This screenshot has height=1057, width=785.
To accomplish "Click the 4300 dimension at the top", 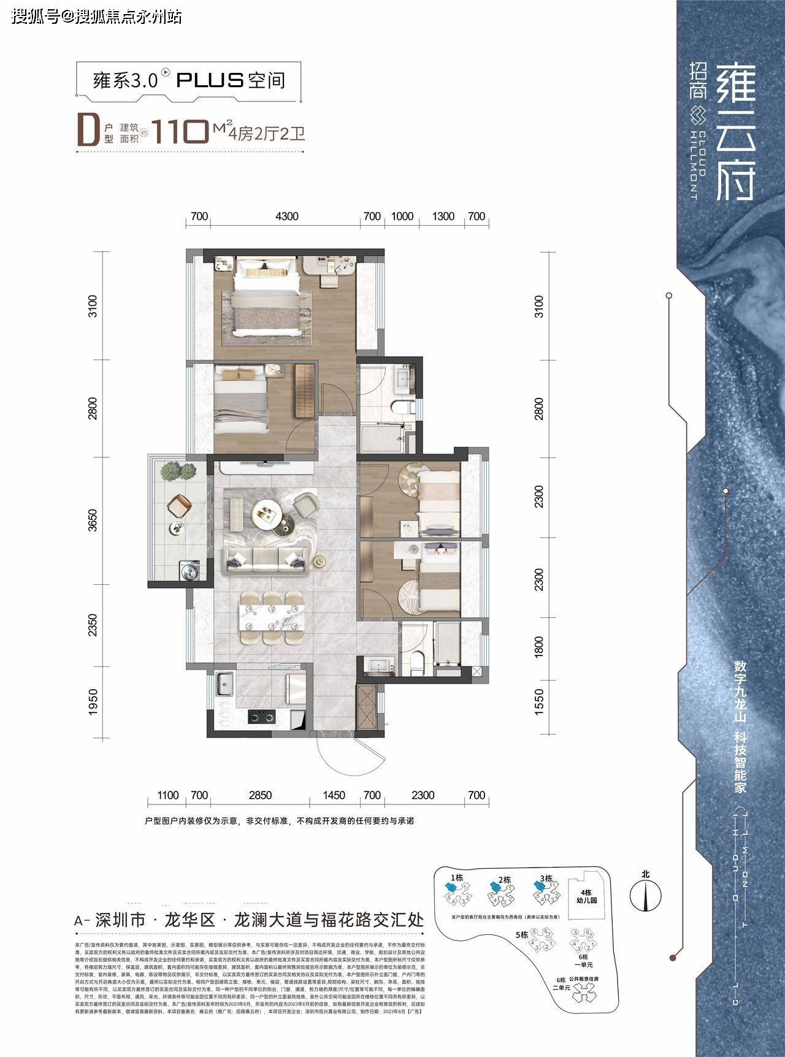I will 287,216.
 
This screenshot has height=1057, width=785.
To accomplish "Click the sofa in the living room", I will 266,559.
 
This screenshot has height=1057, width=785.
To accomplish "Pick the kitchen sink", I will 224,684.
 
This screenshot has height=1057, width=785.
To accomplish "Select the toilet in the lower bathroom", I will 418,664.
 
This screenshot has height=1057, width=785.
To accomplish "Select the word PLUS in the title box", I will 210,80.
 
